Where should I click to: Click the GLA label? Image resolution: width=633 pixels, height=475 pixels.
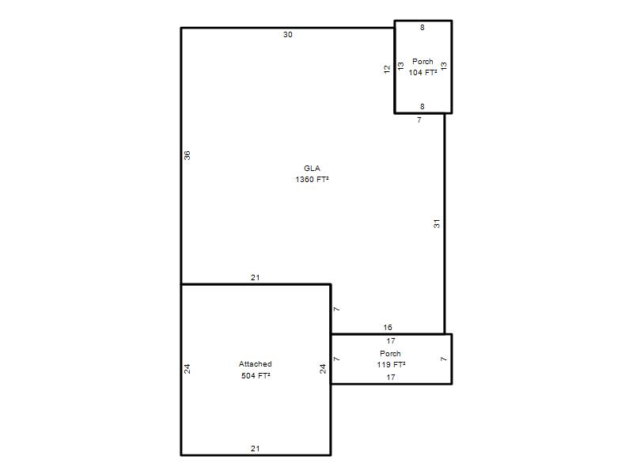(x=312, y=169)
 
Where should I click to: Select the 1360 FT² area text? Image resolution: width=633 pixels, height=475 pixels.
(x=312, y=180)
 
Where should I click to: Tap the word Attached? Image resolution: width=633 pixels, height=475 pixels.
(x=255, y=364)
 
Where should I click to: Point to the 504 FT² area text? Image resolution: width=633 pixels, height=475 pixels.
(x=256, y=375)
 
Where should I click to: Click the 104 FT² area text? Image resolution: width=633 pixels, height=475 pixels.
(x=423, y=73)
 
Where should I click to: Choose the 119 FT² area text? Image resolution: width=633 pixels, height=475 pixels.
(x=391, y=365)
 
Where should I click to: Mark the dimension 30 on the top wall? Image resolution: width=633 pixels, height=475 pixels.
(x=288, y=35)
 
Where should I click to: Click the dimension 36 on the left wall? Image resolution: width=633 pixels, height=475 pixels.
(x=188, y=155)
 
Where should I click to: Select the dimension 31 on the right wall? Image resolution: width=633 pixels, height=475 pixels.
(x=437, y=224)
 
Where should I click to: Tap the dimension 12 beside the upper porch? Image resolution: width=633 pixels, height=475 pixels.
(x=387, y=69)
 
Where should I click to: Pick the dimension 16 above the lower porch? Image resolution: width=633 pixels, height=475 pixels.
(x=388, y=327)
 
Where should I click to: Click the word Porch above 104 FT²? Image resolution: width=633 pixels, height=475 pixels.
(x=423, y=62)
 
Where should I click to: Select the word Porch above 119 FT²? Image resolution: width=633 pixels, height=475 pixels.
(x=390, y=353)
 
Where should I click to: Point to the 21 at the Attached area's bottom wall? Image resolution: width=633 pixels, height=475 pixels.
(x=255, y=448)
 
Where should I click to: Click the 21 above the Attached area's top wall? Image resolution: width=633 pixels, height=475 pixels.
(x=255, y=278)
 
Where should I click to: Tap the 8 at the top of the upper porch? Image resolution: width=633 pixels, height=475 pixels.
(x=423, y=28)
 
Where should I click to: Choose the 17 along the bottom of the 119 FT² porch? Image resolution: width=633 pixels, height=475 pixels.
(x=391, y=378)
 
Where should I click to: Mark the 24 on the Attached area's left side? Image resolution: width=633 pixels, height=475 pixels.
(x=188, y=369)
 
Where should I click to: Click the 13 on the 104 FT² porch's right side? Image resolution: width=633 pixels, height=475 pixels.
(x=444, y=66)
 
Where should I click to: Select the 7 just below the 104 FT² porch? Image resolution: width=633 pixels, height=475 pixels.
(x=419, y=120)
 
